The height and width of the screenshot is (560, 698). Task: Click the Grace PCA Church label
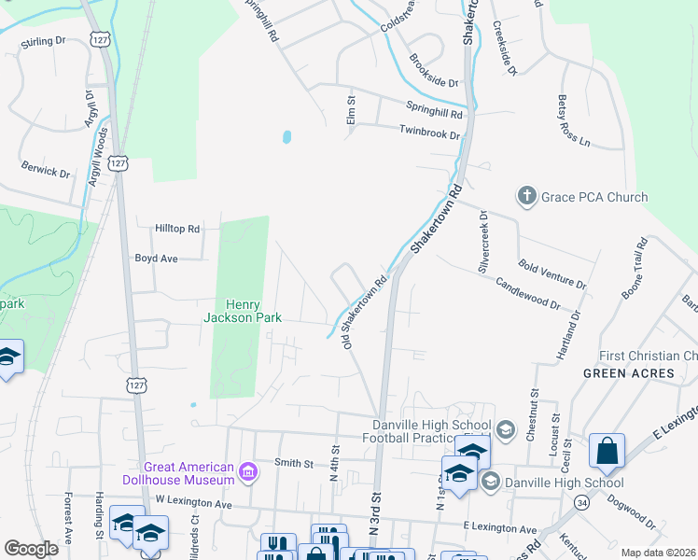[x=595, y=197]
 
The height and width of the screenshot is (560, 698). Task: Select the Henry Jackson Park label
[x=244, y=310]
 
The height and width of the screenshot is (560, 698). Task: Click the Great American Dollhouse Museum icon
[x=247, y=472]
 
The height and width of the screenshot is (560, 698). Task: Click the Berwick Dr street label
[x=47, y=173]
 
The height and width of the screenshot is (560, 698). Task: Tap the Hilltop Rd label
[x=177, y=229]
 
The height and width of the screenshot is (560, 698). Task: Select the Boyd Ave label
[x=156, y=259]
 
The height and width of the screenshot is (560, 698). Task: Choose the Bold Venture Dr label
[x=551, y=274]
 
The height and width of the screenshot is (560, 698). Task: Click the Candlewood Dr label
[x=527, y=293]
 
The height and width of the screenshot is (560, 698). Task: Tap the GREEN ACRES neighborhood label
[x=629, y=373]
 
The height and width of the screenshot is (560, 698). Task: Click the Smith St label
[x=293, y=462]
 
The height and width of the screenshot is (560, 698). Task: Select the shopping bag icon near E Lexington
[x=607, y=451]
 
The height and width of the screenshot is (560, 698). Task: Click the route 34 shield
[x=582, y=503]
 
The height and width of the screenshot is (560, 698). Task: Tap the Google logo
[x=31, y=549]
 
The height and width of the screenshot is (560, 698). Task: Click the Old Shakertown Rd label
[x=365, y=312]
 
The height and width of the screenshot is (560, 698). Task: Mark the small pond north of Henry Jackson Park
[x=286, y=137]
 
